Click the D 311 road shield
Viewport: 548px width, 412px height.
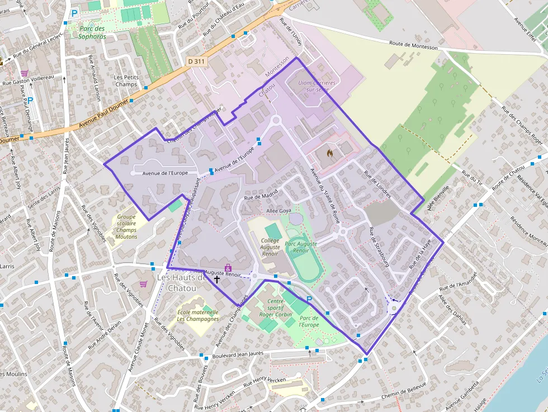tap(196, 61)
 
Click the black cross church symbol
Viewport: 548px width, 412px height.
tap(217, 278)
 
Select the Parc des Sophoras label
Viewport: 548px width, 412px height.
tap(92, 32)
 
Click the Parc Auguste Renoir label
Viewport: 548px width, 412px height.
tap(301, 247)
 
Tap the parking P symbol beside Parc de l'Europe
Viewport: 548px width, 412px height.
tap(309, 300)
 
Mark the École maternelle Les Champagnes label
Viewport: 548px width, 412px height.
tap(198, 315)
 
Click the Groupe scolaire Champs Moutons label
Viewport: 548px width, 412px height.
tap(127, 226)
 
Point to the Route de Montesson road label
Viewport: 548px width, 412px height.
tap(414, 48)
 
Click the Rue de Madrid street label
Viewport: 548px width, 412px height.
tap(261, 196)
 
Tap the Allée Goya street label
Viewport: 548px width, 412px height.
tap(280, 210)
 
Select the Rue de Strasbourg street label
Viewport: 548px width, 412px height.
tap(379, 247)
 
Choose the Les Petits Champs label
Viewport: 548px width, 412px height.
tap(126, 80)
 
